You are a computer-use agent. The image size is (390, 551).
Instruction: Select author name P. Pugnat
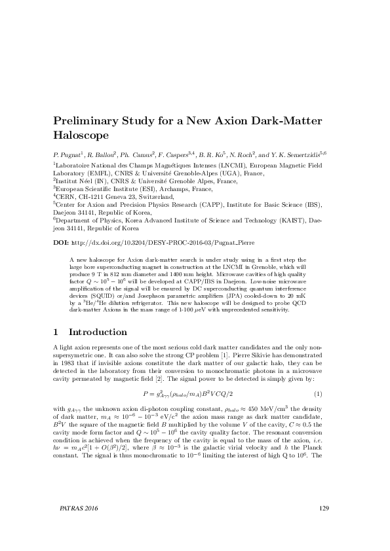point(68,154)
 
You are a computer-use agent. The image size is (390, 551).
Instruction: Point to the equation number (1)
point(317,394)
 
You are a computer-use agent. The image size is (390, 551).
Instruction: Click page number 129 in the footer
point(322,525)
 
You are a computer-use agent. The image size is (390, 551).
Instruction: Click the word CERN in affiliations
point(66,196)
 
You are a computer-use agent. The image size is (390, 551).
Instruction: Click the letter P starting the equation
point(146,394)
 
